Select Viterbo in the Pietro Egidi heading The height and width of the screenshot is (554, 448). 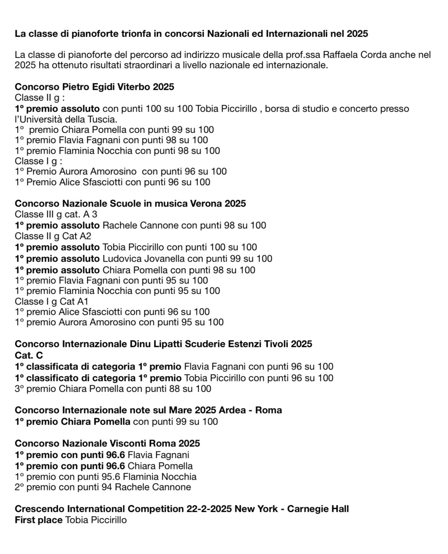point(132,87)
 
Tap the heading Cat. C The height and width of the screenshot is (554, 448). point(29,355)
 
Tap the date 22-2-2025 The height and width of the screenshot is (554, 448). point(209,509)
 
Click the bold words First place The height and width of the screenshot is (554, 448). point(38,520)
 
